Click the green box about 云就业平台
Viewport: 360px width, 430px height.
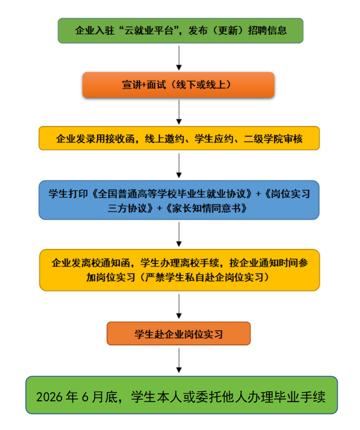click(x=181, y=30)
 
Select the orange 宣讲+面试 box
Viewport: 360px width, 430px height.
click(x=178, y=85)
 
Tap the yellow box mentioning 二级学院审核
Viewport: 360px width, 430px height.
click(x=179, y=138)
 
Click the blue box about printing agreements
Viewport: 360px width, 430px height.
click(x=179, y=200)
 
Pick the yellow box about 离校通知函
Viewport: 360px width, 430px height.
click(x=179, y=270)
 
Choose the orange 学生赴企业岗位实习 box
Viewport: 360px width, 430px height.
click(x=179, y=334)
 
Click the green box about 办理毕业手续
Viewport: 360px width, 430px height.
click(x=182, y=395)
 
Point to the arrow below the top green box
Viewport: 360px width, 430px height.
click(x=179, y=58)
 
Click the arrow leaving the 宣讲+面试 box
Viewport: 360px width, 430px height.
click(x=179, y=112)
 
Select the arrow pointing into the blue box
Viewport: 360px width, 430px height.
click(x=179, y=166)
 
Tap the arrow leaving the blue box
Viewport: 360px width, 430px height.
click(x=179, y=234)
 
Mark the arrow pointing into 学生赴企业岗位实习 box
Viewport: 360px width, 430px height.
click(x=179, y=307)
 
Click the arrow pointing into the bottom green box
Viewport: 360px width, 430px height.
click(x=179, y=360)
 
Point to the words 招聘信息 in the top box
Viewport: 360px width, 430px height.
click(x=267, y=30)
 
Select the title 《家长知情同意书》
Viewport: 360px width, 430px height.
click(x=206, y=209)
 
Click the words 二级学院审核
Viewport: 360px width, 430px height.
click(x=273, y=139)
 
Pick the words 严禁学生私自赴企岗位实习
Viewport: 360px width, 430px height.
click(x=204, y=277)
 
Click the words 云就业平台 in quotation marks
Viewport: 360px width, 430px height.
click(x=149, y=30)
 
